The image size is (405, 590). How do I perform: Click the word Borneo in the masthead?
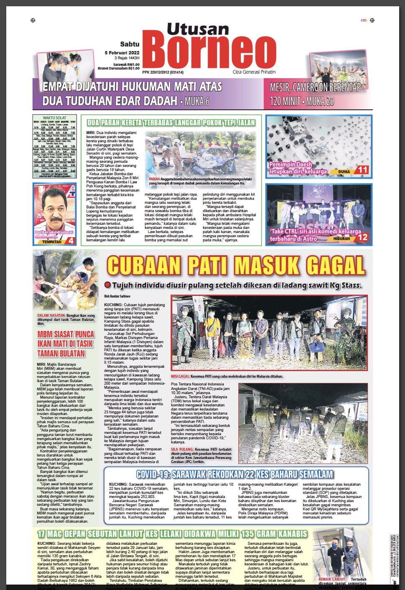pos(212,52)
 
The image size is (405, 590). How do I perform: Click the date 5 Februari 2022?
pos(122,53)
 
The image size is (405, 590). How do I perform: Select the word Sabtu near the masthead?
pos(130,44)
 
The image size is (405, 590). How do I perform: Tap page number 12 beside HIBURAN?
pos(363,237)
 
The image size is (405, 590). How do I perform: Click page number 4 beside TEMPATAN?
pos(71,241)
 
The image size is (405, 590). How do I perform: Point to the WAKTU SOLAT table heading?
pos(55,118)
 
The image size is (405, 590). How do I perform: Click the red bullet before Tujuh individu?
pos(107,285)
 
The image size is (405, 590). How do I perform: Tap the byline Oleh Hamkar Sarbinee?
pos(117,296)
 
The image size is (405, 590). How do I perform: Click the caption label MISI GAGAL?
pos(180,376)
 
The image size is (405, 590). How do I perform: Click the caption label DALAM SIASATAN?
pos(51,316)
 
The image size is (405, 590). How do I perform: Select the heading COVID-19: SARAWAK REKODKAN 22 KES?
pos(234,474)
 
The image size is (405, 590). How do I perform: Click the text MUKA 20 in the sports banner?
pos(320,101)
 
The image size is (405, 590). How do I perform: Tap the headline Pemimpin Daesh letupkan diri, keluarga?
pos(298,168)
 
